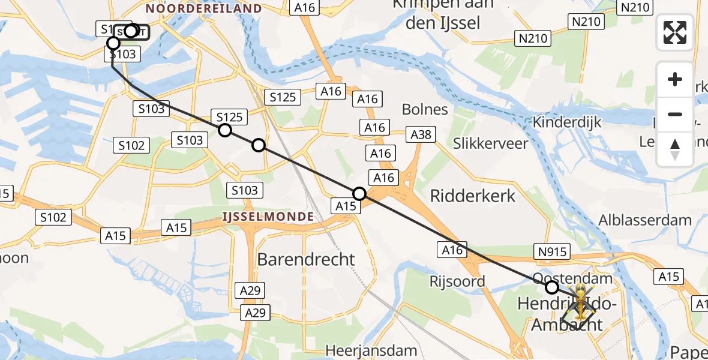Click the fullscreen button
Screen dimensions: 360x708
tap(675, 32)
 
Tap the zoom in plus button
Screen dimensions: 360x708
tap(675, 79)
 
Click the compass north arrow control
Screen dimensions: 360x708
tap(675, 149)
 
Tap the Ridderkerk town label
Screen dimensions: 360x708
tap(473, 196)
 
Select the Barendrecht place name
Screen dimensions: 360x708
tap(306, 259)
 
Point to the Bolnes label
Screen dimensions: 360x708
tap(425, 109)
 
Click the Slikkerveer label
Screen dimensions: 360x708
tap(491, 143)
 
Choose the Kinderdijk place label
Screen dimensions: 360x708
tap(567, 121)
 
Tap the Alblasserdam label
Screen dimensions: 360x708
tap(645, 220)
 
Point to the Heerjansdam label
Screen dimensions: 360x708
tap(371, 350)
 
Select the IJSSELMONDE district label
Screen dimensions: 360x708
tap(268, 216)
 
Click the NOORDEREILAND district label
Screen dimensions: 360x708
tap(203, 8)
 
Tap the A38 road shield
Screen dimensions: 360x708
tap(421, 134)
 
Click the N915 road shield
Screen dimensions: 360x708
tap(551, 252)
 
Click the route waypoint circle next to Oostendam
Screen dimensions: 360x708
tap(551, 287)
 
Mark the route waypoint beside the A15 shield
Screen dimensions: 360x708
tap(359, 193)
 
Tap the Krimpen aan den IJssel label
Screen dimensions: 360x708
tap(443, 14)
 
